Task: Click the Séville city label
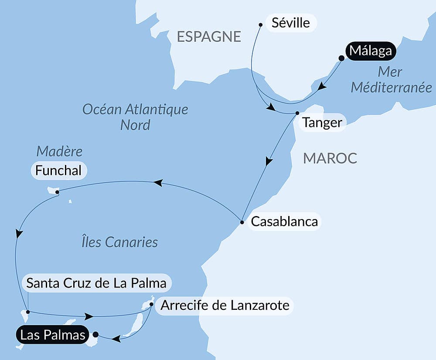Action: [291, 23]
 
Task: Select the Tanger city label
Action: [322, 123]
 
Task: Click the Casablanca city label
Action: [284, 222]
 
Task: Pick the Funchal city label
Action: [58, 171]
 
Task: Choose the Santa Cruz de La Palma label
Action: [96, 283]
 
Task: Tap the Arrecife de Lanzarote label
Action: [225, 305]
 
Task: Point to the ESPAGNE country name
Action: [209, 37]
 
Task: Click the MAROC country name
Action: [330, 158]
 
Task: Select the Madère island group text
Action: [59, 151]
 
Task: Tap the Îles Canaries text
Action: [119, 242]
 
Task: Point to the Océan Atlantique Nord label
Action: [135, 117]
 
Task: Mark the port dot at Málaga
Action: [341, 57]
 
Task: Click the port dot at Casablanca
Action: [242, 223]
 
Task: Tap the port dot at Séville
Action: [261, 25]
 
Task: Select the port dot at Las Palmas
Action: [95, 335]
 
